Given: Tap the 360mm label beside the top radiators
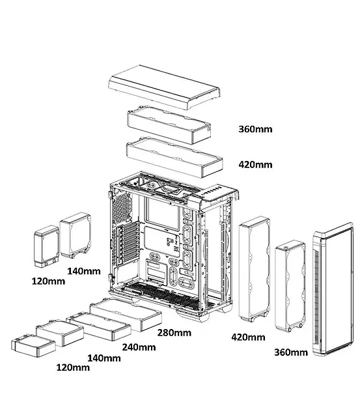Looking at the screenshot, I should pos(255,129).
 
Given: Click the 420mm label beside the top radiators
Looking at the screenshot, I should pos(255,164).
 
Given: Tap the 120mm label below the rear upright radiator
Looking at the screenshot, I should pos(48,282).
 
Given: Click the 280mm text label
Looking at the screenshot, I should pos(174,333).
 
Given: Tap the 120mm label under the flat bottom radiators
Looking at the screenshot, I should pos(72,368).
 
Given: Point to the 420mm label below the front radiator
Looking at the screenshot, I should pos(248,337).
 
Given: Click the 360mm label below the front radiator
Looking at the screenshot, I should pos(290,352).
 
